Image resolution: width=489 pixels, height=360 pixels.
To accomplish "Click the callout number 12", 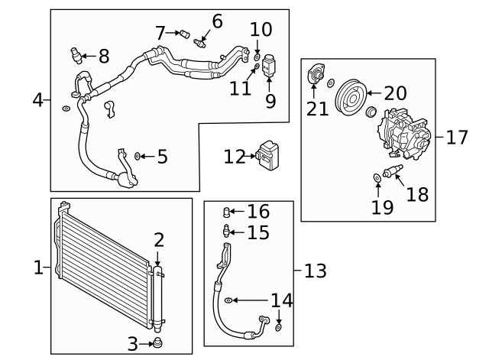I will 234,157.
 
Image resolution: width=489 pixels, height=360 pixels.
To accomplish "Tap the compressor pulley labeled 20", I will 351,95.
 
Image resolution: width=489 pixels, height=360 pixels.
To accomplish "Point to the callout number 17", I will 456,138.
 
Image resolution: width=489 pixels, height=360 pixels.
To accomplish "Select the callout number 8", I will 103,56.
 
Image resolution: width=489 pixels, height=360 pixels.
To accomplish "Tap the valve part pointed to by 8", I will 75,54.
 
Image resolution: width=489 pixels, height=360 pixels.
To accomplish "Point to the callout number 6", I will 217,21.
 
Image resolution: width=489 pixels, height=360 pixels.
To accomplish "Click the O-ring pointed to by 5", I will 137,157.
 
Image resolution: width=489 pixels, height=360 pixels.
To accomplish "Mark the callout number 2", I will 158,240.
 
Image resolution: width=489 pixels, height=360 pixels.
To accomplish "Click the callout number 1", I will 39,268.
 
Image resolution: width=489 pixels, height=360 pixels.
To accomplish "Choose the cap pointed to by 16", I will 225,212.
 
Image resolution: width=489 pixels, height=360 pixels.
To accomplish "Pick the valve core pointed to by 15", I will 225,231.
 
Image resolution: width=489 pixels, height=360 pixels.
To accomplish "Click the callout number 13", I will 315,271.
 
